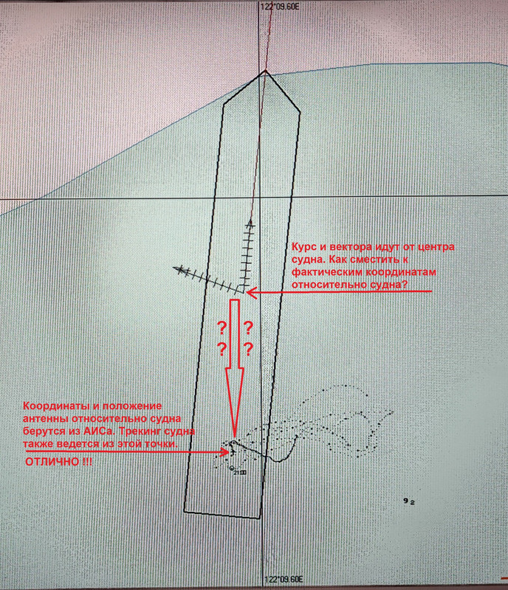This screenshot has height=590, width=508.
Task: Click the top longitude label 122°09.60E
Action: (280, 7)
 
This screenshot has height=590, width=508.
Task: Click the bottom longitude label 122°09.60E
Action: (284, 579)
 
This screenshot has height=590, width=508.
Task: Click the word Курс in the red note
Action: (304, 247)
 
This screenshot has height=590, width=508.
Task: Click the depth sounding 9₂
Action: (408, 502)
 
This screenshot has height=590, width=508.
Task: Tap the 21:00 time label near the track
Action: (240, 473)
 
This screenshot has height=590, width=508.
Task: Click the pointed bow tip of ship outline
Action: (265, 70)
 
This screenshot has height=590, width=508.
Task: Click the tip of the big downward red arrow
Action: (234, 437)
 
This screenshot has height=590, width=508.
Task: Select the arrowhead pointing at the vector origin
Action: (251, 292)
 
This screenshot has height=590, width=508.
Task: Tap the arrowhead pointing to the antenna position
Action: (226, 451)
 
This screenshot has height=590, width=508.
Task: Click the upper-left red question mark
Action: (222, 329)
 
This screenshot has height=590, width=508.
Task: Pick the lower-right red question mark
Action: (248, 350)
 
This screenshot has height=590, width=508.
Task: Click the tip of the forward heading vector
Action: (250, 220)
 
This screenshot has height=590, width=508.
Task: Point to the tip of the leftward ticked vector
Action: (174, 268)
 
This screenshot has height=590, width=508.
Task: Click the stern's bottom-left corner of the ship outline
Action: (185, 511)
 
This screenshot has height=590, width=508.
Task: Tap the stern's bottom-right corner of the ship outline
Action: (259, 518)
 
